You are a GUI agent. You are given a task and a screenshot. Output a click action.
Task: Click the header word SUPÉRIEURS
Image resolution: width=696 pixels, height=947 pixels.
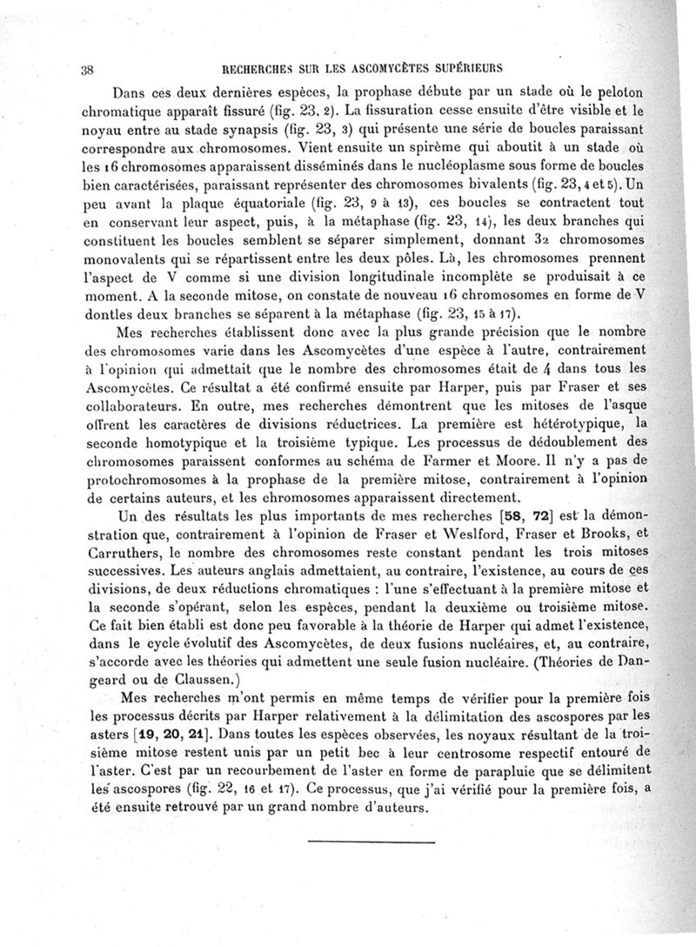tap(465, 67)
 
